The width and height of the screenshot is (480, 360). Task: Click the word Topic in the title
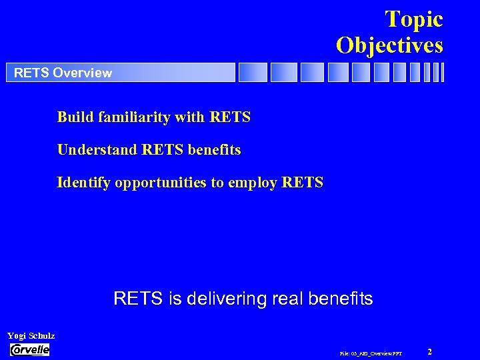pyautogui.click(x=413, y=19)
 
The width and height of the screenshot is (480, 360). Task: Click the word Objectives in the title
pyautogui.click(x=389, y=45)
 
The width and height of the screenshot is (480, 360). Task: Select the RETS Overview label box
pyautogui.click(x=121, y=73)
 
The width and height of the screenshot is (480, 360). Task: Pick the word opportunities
pyautogui.click(x=160, y=182)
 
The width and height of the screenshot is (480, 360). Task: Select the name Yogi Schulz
pyautogui.click(x=31, y=335)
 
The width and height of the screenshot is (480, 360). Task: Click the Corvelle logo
pyautogui.click(x=30, y=349)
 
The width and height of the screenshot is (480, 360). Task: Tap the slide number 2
pyautogui.click(x=430, y=351)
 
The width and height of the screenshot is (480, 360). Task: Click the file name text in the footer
pyautogui.click(x=371, y=353)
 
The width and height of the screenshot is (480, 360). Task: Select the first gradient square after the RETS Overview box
pyautogui.click(x=253, y=73)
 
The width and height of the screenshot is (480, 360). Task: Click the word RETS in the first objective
pyautogui.click(x=230, y=117)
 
